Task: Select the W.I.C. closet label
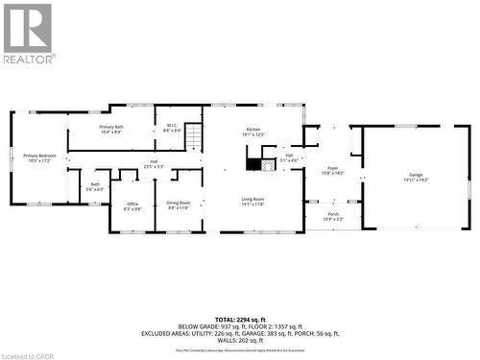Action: coord(171,129)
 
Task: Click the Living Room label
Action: coord(253,201)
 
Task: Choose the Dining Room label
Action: coord(179,204)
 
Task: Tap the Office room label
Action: coord(132,205)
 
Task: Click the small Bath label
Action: coord(95,186)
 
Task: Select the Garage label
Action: coord(416,177)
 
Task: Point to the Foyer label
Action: coord(331,171)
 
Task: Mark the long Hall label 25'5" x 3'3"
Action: coord(154,164)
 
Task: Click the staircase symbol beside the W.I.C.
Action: coord(194,136)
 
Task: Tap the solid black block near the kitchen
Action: coord(253,164)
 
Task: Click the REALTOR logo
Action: coord(28,33)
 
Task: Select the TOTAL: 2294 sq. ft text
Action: coord(240,317)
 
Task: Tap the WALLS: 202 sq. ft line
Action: coord(240,341)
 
